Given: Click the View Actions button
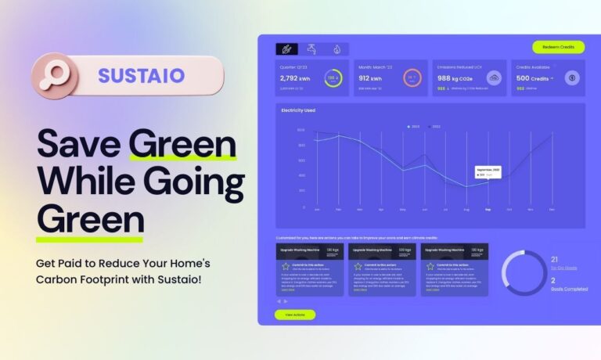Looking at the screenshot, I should point(294,315).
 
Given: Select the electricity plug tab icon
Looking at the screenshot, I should point(287,49).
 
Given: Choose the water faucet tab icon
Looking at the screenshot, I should point(312,49).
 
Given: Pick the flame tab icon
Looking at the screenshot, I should point(336,49).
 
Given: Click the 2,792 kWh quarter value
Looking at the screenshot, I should point(294,77).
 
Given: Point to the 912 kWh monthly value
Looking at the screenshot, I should point(370,77).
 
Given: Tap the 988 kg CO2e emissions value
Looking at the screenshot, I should point(455,77).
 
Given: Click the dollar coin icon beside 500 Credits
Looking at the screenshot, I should point(572,77).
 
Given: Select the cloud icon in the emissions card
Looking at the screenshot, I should point(494,77).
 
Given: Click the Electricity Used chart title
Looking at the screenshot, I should point(298,110).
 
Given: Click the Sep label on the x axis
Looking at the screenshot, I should point(488,210).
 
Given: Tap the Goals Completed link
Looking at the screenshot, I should point(570,289).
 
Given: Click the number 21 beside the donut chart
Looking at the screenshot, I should point(555,259).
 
